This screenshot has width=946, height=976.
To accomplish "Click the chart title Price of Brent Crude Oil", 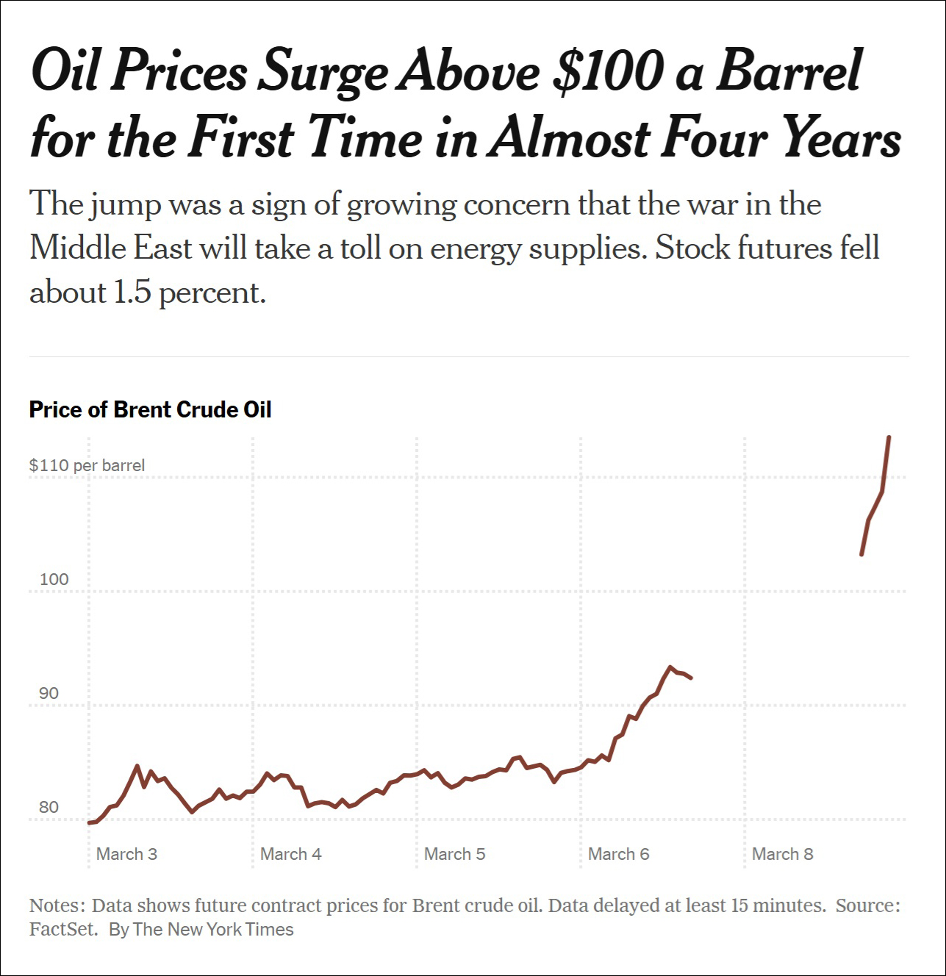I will (150, 409).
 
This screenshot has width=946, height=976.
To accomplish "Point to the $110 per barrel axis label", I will (87, 465).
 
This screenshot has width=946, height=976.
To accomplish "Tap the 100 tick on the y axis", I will (54, 579).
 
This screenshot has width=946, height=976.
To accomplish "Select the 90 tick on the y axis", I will (49, 693).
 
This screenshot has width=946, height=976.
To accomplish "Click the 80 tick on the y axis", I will (49, 807).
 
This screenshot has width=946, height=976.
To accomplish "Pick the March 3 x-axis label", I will (126, 854).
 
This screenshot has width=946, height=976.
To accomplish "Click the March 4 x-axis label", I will (290, 854).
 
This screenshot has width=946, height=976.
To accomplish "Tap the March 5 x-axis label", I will (454, 854).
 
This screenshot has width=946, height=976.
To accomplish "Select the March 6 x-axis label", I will (618, 854).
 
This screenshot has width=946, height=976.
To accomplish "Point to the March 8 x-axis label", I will (782, 854).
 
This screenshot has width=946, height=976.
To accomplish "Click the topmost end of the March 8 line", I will (889, 437).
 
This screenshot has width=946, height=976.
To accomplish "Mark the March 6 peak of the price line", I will (670, 667).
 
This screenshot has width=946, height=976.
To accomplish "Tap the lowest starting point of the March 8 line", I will (861, 554).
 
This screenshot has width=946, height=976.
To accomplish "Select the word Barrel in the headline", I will (788, 71).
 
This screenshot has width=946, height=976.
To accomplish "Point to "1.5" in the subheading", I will (132, 293).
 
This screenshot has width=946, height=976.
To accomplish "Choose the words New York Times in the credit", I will (230, 930).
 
